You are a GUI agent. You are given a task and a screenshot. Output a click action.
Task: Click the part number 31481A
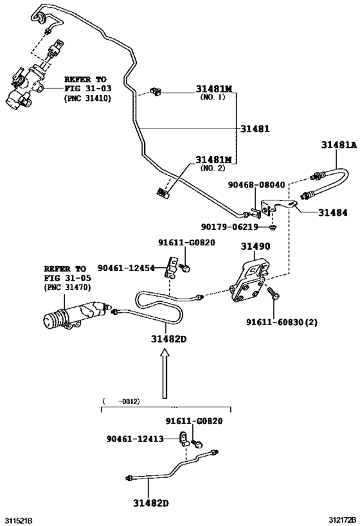click(x=338, y=145)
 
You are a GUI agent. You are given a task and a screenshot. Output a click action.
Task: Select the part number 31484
click(x=330, y=212)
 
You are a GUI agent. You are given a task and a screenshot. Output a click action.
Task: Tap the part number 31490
click(x=255, y=246)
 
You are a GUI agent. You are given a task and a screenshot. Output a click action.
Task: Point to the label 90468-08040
click(x=256, y=184)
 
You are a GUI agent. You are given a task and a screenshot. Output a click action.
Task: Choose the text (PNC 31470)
click(x=67, y=288)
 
